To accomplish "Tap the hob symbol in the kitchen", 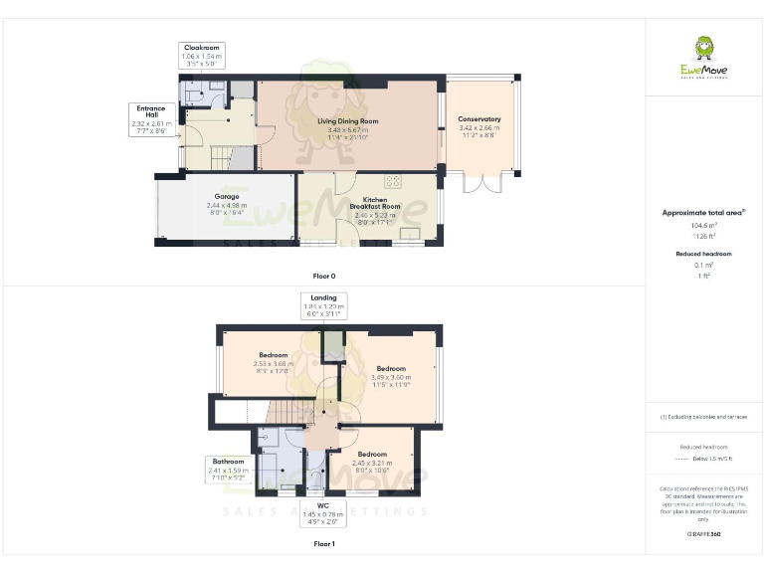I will [393, 181].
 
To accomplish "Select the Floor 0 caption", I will [324, 275].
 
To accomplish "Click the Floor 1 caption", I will [324, 544].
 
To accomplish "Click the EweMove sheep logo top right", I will [703, 52].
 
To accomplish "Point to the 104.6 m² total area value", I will [703, 226].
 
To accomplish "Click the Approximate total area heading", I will [703, 213].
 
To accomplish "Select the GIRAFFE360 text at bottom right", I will [703, 534].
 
